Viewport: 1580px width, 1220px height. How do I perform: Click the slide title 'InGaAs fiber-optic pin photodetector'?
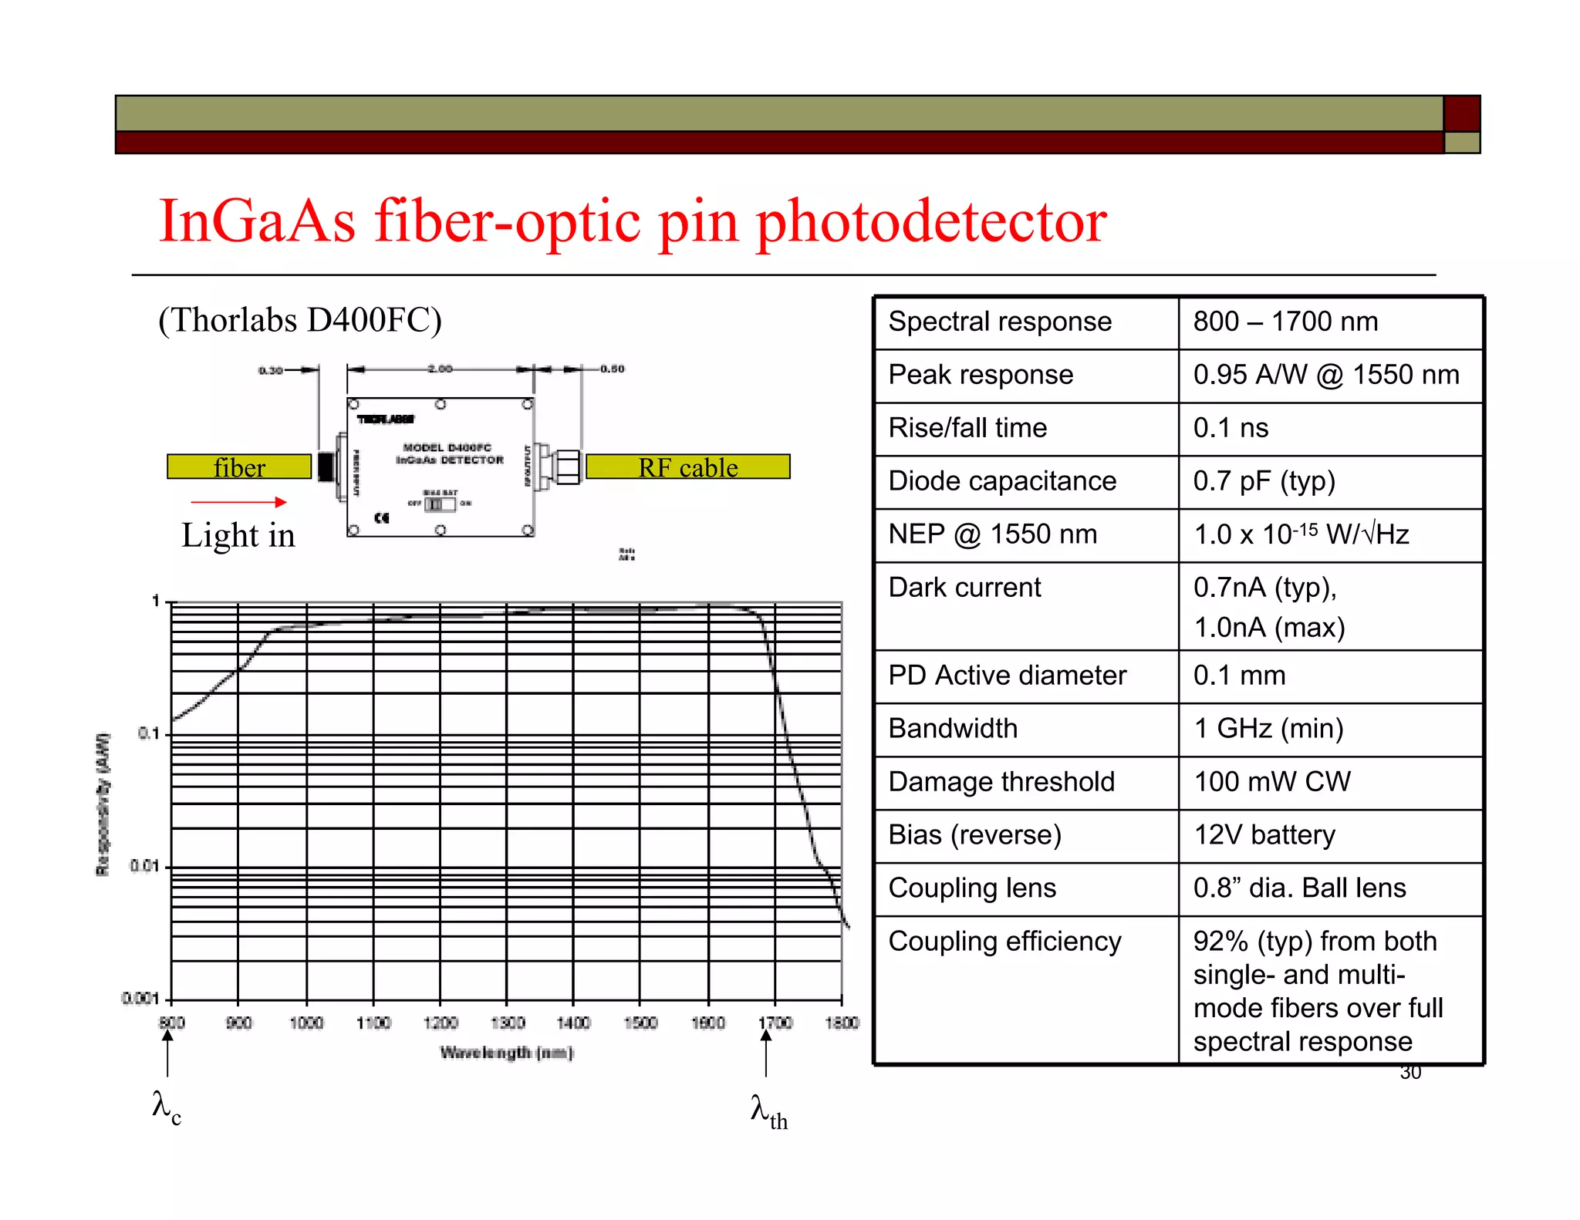[632, 221]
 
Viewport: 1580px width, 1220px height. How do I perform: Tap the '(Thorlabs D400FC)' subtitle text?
[299, 320]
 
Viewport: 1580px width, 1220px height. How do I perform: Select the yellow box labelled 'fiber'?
[239, 467]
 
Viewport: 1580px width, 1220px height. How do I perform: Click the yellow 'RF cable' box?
[687, 467]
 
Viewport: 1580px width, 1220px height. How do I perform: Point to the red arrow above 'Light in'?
[238, 502]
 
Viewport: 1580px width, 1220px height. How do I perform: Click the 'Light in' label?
[238, 535]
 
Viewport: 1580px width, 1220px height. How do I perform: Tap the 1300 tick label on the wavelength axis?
[507, 1023]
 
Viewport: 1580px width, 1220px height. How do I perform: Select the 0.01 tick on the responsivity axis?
[144, 867]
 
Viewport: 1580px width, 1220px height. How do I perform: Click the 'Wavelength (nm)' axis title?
[506, 1053]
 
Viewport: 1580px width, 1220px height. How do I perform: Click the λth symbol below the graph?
[768, 1112]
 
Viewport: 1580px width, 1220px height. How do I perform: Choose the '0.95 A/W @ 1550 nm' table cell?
[1325, 375]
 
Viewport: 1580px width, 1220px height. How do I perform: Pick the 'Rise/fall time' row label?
[967, 428]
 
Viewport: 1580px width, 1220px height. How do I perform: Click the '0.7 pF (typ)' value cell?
[1264, 481]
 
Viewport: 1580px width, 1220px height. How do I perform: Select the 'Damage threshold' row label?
[1001, 782]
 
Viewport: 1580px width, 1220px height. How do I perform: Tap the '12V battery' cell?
[1264, 835]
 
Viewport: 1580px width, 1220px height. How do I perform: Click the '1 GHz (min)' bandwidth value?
[1268, 729]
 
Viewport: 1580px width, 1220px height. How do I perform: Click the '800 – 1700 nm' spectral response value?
[1285, 322]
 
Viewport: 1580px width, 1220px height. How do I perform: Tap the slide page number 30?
[1410, 1073]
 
